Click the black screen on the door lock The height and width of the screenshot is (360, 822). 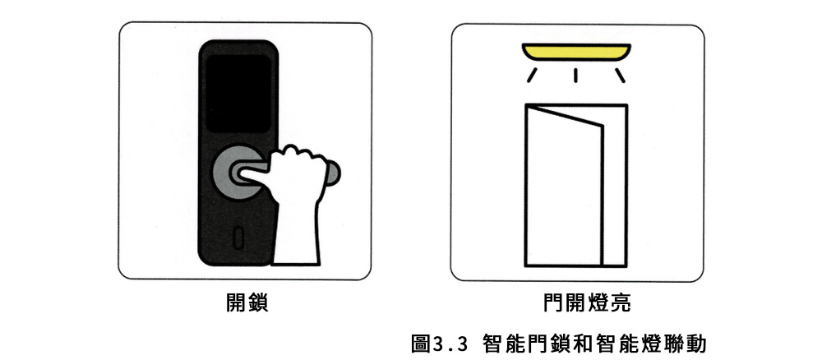(x=238, y=93)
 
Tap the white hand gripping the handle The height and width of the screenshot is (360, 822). (x=297, y=205)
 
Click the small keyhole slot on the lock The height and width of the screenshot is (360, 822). (x=238, y=238)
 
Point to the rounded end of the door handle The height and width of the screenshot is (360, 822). (x=332, y=174)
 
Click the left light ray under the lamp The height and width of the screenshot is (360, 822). (x=532, y=75)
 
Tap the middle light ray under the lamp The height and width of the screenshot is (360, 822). (x=575, y=76)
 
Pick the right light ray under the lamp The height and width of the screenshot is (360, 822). (x=620, y=75)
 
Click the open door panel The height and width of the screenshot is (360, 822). (x=566, y=186)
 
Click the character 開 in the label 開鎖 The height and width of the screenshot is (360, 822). (x=236, y=302)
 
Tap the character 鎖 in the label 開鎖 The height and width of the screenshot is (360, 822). (x=258, y=302)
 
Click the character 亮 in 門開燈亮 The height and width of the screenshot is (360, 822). (x=620, y=303)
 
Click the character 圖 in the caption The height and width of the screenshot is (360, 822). (x=421, y=344)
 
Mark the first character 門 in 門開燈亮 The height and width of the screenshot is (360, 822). (x=554, y=303)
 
